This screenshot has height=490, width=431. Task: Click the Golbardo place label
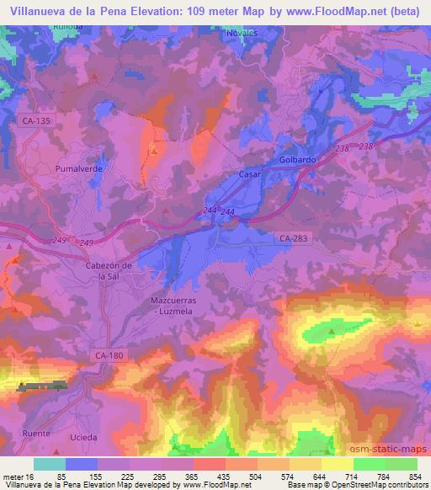[297, 159]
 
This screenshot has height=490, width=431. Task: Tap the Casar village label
[251, 174]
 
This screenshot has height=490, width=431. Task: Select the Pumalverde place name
[78, 168]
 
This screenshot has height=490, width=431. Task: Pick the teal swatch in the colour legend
[50, 464]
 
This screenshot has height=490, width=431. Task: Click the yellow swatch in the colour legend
[338, 464]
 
